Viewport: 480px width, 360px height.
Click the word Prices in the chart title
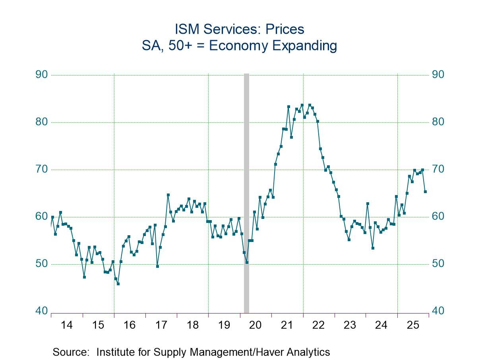pyautogui.click(x=285, y=29)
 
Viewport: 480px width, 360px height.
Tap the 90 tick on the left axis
pyautogui.click(x=42, y=75)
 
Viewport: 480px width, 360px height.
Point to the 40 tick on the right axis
pyautogui.click(x=438, y=311)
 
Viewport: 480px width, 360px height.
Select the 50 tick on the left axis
pyautogui.click(x=42, y=264)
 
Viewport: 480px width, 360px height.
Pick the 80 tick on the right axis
pyautogui.click(x=438, y=122)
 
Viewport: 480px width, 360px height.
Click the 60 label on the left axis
pyautogui.click(x=42, y=217)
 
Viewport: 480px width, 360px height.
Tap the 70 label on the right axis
pyautogui.click(x=438, y=169)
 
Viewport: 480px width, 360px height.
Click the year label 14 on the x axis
pyautogui.click(x=67, y=325)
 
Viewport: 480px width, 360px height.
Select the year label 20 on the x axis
pyautogui.click(x=255, y=325)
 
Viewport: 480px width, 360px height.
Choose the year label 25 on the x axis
pyautogui.click(x=413, y=325)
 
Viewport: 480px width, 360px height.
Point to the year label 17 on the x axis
pyautogui.click(x=161, y=325)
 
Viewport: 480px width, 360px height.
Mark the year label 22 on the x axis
pyautogui.click(x=318, y=325)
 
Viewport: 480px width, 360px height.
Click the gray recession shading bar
pyautogui.click(x=246, y=191)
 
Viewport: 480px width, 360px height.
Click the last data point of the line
pyautogui.click(x=425, y=192)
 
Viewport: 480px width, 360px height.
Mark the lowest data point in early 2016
pyautogui.click(x=118, y=284)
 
